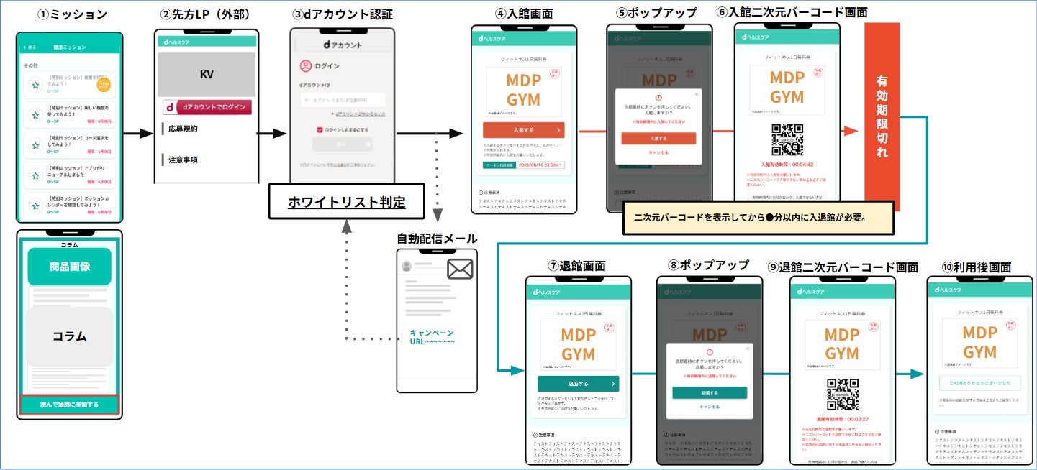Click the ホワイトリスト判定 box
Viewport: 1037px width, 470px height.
(x=346, y=202)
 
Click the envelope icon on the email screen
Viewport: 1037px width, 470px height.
(x=460, y=269)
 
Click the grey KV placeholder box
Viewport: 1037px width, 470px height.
(x=207, y=75)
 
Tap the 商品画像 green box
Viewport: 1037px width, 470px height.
(x=70, y=267)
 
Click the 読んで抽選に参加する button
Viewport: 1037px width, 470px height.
(x=70, y=405)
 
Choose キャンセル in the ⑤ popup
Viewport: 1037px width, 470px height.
(x=658, y=152)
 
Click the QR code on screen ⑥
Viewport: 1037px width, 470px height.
(x=787, y=139)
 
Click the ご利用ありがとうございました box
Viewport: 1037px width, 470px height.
(x=979, y=383)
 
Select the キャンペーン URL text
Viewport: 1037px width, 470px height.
(x=432, y=337)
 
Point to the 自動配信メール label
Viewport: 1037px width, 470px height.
(x=437, y=239)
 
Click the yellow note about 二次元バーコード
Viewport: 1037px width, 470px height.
(x=758, y=217)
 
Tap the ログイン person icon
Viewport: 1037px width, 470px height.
(x=306, y=66)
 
